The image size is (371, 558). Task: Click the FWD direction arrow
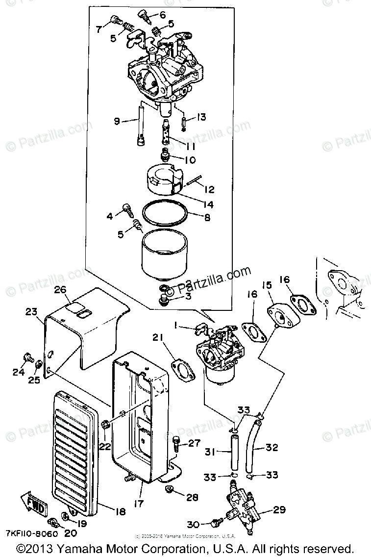[x=33, y=503]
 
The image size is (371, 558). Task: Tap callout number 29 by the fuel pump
[x=279, y=510]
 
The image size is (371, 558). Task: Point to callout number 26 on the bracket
[x=60, y=290]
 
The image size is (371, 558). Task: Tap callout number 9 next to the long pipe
[x=117, y=121]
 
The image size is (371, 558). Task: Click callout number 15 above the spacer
[x=266, y=285]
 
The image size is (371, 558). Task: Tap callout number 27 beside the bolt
[x=194, y=444]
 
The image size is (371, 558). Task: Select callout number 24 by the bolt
[x=18, y=372]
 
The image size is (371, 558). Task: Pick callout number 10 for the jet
[x=190, y=160]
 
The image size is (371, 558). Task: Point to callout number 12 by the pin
[x=209, y=189]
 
